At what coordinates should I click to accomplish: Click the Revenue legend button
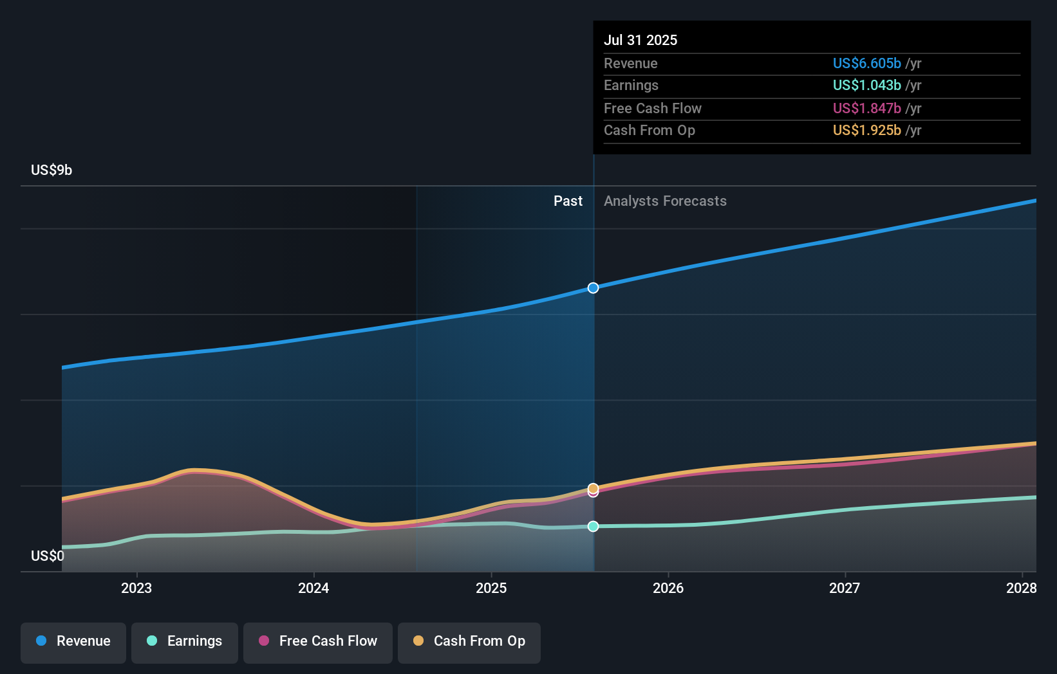click(x=73, y=642)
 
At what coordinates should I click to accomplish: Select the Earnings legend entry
click(x=185, y=642)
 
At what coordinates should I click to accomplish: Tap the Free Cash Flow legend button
click(x=318, y=642)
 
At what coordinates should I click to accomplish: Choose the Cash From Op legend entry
click(x=469, y=642)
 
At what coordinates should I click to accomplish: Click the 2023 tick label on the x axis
click(x=136, y=588)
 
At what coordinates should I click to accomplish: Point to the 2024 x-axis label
click(x=313, y=588)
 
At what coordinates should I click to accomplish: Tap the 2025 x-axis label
click(x=491, y=588)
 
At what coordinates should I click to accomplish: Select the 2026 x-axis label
click(x=668, y=588)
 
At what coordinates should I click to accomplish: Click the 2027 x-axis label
click(x=845, y=588)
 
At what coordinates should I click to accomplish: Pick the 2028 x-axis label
click(x=1022, y=588)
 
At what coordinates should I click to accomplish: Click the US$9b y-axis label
click(x=51, y=170)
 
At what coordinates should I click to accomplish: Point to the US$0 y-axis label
click(x=48, y=556)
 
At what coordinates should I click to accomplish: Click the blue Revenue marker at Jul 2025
click(x=594, y=287)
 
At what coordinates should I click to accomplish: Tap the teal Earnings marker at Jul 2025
click(x=594, y=526)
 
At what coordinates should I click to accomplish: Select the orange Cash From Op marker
click(x=594, y=487)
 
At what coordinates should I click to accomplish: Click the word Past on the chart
click(x=568, y=201)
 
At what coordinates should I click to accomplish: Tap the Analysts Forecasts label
click(x=665, y=201)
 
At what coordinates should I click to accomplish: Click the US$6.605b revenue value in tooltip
click(x=866, y=63)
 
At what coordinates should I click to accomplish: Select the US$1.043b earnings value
click(x=866, y=85)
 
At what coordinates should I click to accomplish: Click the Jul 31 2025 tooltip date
click(x=641, y=40)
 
